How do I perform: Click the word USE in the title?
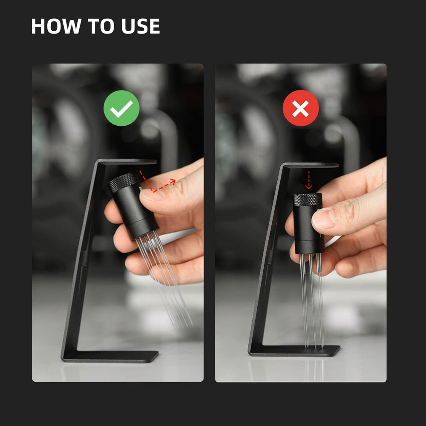click(141, 26)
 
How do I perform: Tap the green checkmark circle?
click(121, 108)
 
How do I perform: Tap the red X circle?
click(301, 108)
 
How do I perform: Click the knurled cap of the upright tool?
click(308, 200)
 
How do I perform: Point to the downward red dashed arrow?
click(308, 180)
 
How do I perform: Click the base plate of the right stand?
click(294, 351)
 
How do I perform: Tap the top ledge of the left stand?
click(128, 162)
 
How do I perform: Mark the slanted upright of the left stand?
click(81, 258)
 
